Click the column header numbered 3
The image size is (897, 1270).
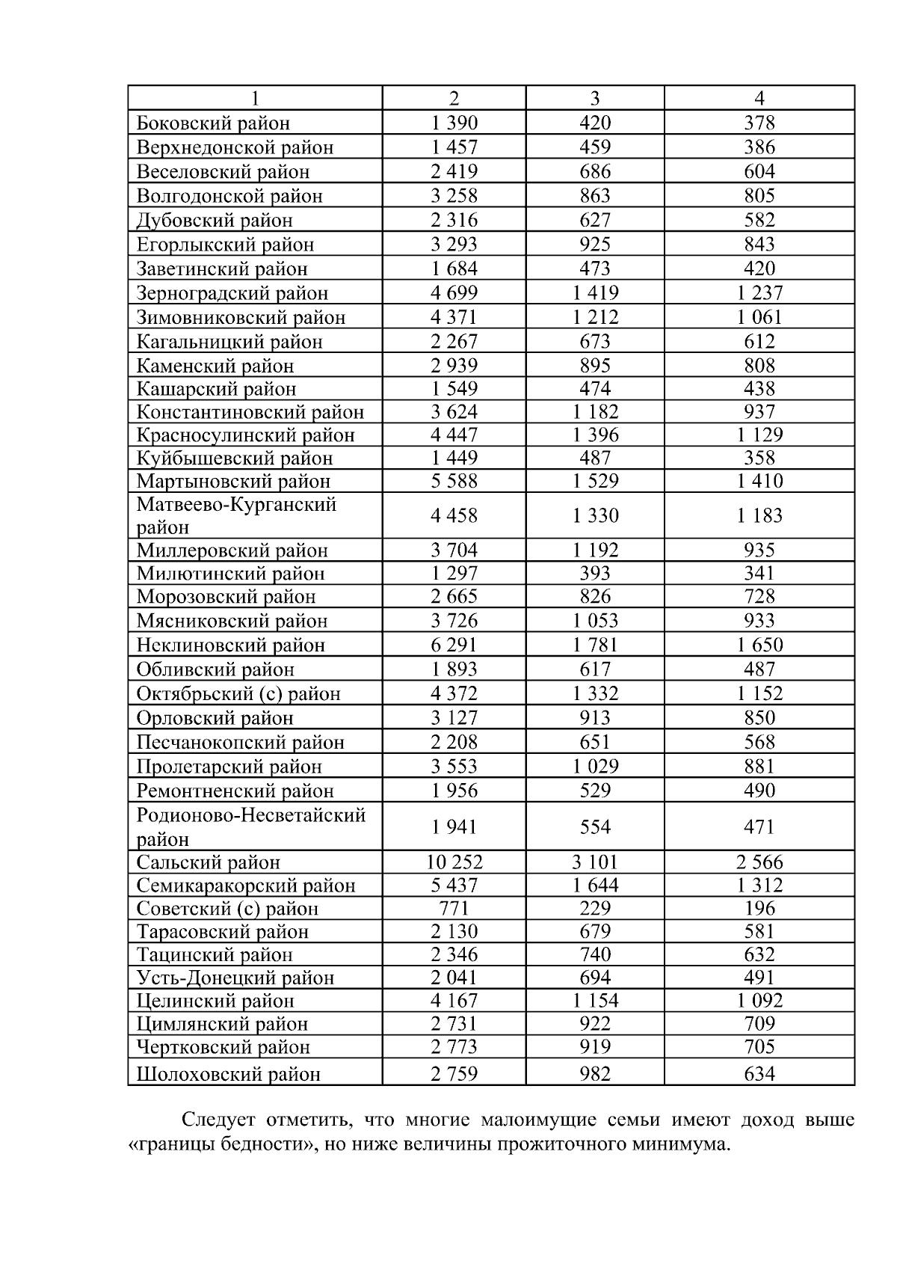point(595,98)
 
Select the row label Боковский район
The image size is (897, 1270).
point(213,123)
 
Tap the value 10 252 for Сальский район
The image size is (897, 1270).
point(454,862)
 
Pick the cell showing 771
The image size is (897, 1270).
point(454,908)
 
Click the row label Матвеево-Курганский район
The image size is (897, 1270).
point(236,515)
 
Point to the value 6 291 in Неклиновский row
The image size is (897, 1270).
point(454,645)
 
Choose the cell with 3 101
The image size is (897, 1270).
point(595,862)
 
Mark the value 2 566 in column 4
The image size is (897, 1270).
point(759,862)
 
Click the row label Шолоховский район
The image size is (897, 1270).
point(228,1074)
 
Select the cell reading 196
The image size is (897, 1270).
point(759,908)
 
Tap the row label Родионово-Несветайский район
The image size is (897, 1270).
point(251,826)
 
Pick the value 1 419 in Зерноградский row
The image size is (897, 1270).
point(595,292)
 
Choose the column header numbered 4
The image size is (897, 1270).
point(759,98)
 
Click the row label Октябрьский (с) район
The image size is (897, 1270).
point(238,693)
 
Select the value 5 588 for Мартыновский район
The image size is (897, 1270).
point(454,481)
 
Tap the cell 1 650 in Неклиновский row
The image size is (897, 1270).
point(759,645)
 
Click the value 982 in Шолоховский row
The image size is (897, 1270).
point(595,1074)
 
